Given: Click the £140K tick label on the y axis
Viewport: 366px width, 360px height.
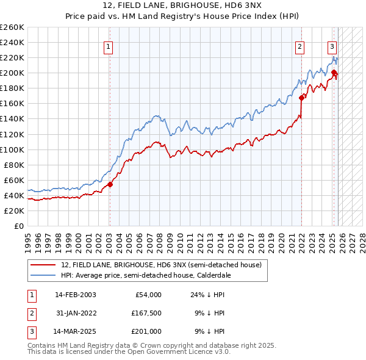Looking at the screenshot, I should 12,119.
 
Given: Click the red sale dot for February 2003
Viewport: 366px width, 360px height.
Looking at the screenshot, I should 110,184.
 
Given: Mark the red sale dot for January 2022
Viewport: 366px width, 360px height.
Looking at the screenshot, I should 301,97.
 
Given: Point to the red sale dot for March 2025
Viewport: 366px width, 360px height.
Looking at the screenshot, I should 334,72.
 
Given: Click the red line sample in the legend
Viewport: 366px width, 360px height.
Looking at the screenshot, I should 44,265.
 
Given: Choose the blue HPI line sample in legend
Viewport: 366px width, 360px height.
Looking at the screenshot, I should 44,275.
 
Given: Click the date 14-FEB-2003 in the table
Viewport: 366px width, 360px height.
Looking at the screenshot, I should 75,295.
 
